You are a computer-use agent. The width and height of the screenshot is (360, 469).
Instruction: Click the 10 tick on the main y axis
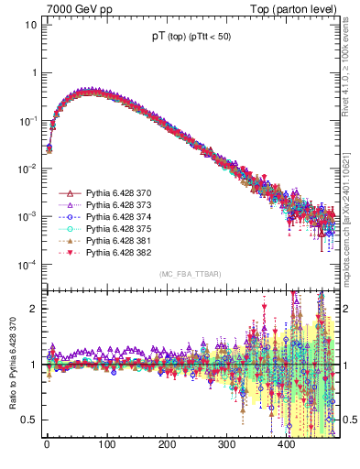tap(29, 25)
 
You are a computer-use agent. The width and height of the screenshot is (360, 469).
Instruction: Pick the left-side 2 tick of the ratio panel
tap(32, 309)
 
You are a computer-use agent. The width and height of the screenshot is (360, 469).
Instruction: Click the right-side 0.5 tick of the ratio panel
tap(350, 420)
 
